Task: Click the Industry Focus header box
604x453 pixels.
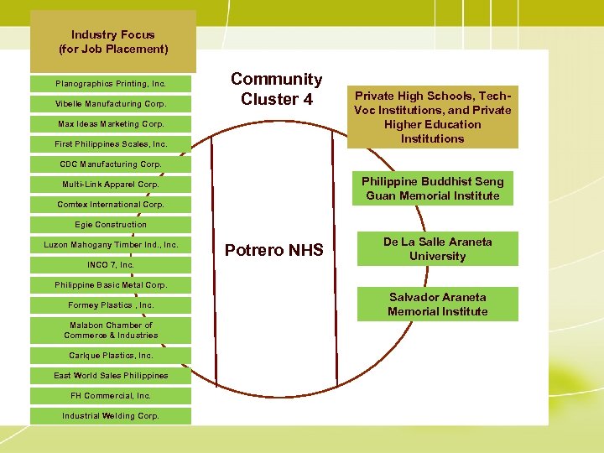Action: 112,41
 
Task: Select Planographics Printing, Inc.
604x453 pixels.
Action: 111,84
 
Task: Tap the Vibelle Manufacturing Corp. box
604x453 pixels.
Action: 111,104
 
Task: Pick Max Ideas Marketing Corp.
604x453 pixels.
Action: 111,124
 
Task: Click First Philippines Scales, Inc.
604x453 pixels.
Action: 111,144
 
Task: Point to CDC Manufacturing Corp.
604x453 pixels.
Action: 111,164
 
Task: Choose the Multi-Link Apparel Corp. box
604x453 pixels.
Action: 111,185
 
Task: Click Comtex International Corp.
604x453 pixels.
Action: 111,205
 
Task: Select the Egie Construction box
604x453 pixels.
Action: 111,225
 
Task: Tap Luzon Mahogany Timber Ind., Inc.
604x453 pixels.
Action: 111,245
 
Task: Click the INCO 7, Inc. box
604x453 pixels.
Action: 111,265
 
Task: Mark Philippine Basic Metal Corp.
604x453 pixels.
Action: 111,285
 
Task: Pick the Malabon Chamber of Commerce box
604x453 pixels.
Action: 111,330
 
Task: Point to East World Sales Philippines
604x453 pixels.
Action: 111,376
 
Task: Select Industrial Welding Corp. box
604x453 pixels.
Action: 111,416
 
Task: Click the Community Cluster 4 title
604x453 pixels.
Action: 276,89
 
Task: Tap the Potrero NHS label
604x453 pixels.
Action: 274,250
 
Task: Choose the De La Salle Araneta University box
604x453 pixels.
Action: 437,249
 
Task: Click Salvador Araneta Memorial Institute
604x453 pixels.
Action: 437,305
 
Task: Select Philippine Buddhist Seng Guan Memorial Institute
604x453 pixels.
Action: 432,189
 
